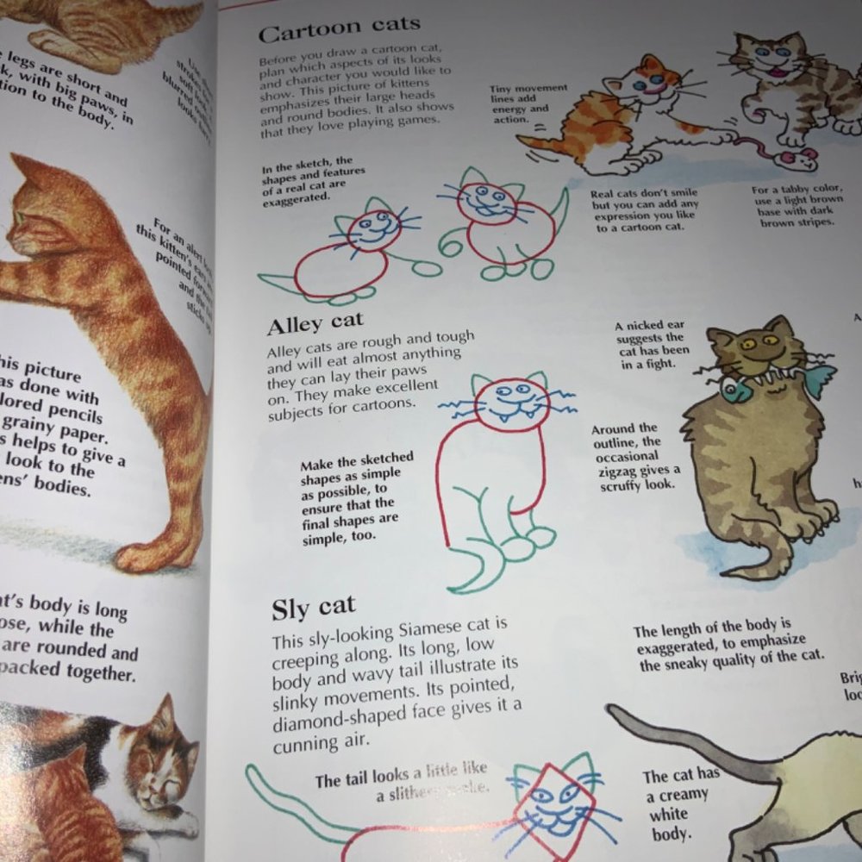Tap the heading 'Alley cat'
coord(315,324)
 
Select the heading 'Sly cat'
coord(313,608)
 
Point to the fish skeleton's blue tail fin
coord(818,376)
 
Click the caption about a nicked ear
coord(653,345)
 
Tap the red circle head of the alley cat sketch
coord(512,403)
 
